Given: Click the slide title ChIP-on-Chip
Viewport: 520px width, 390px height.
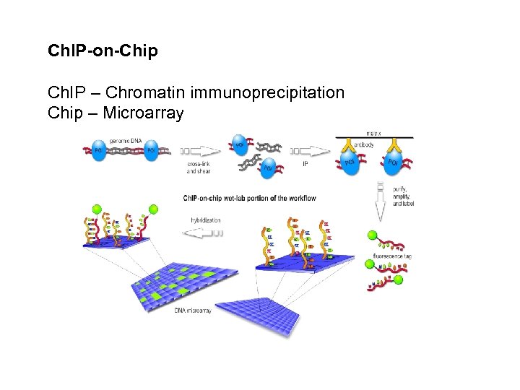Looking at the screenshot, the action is pos(102,51).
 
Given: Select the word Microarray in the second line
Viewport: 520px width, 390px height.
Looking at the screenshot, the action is pos(143,113).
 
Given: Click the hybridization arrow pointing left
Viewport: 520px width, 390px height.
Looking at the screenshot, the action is pos(204,233).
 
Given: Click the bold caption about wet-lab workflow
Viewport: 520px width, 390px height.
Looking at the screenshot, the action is pos(249,198).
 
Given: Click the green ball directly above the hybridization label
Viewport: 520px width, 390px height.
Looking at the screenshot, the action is pos(153,210).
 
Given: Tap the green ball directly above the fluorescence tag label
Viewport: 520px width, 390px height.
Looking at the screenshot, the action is pos(371,235).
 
